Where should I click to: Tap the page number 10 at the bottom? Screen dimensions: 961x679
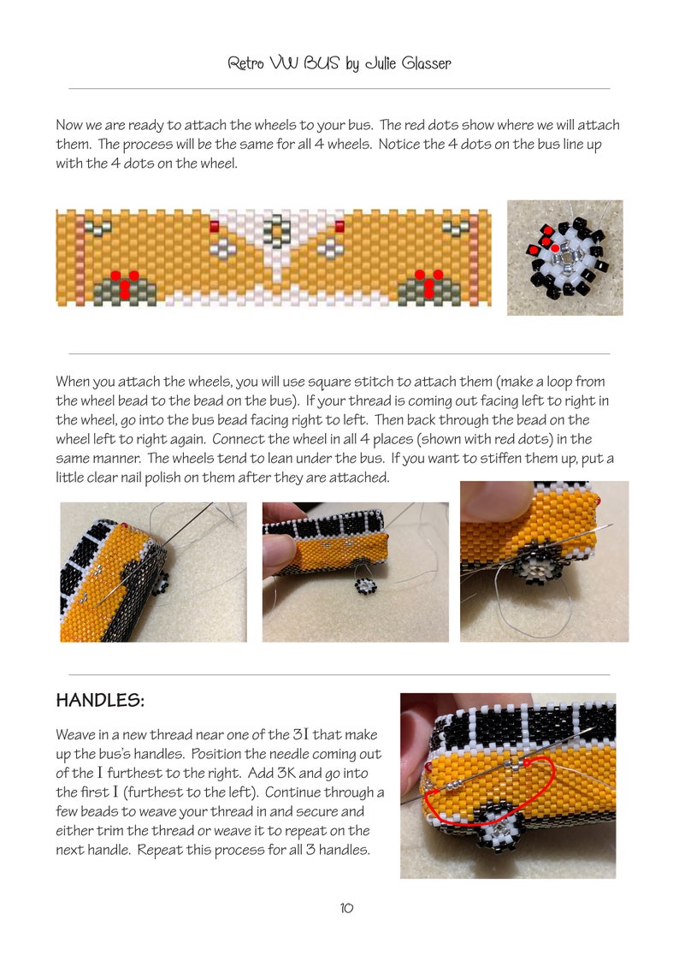tap(346, 908)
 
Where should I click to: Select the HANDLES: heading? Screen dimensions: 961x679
tap(100, 701)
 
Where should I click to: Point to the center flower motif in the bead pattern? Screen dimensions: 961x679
tap(276, 229)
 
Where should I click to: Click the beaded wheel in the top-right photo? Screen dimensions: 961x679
tap(565, 257)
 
